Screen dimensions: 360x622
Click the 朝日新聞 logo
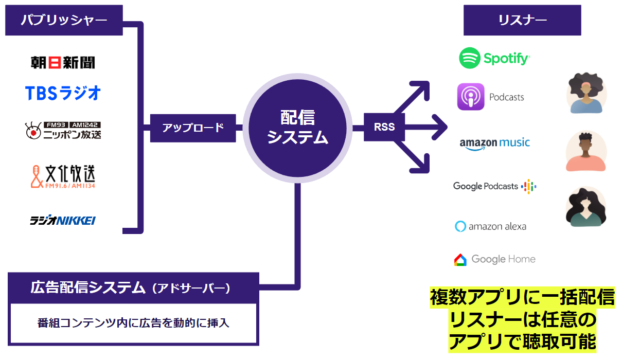pos(63,63)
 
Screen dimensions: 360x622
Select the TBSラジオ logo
pos(63,93)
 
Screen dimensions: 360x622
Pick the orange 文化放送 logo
pos(63,176)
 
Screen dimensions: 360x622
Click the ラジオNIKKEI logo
pos(63,221)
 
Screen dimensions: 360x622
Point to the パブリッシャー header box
pos(64,20)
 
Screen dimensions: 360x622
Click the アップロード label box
pos(193,128)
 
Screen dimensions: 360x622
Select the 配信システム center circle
pos(297,128)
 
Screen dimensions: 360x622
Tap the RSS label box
pos(384,127)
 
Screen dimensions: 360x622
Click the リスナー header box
pos(522,20)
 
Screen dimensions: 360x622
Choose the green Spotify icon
pos(469,58)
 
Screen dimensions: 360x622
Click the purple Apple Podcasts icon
pos(471,97)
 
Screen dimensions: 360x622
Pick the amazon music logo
pos(494,143)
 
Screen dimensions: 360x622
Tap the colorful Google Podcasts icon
pos(529,186)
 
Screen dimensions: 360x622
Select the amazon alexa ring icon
pos(460,226)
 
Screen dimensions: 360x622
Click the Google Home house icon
pos(460,260)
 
